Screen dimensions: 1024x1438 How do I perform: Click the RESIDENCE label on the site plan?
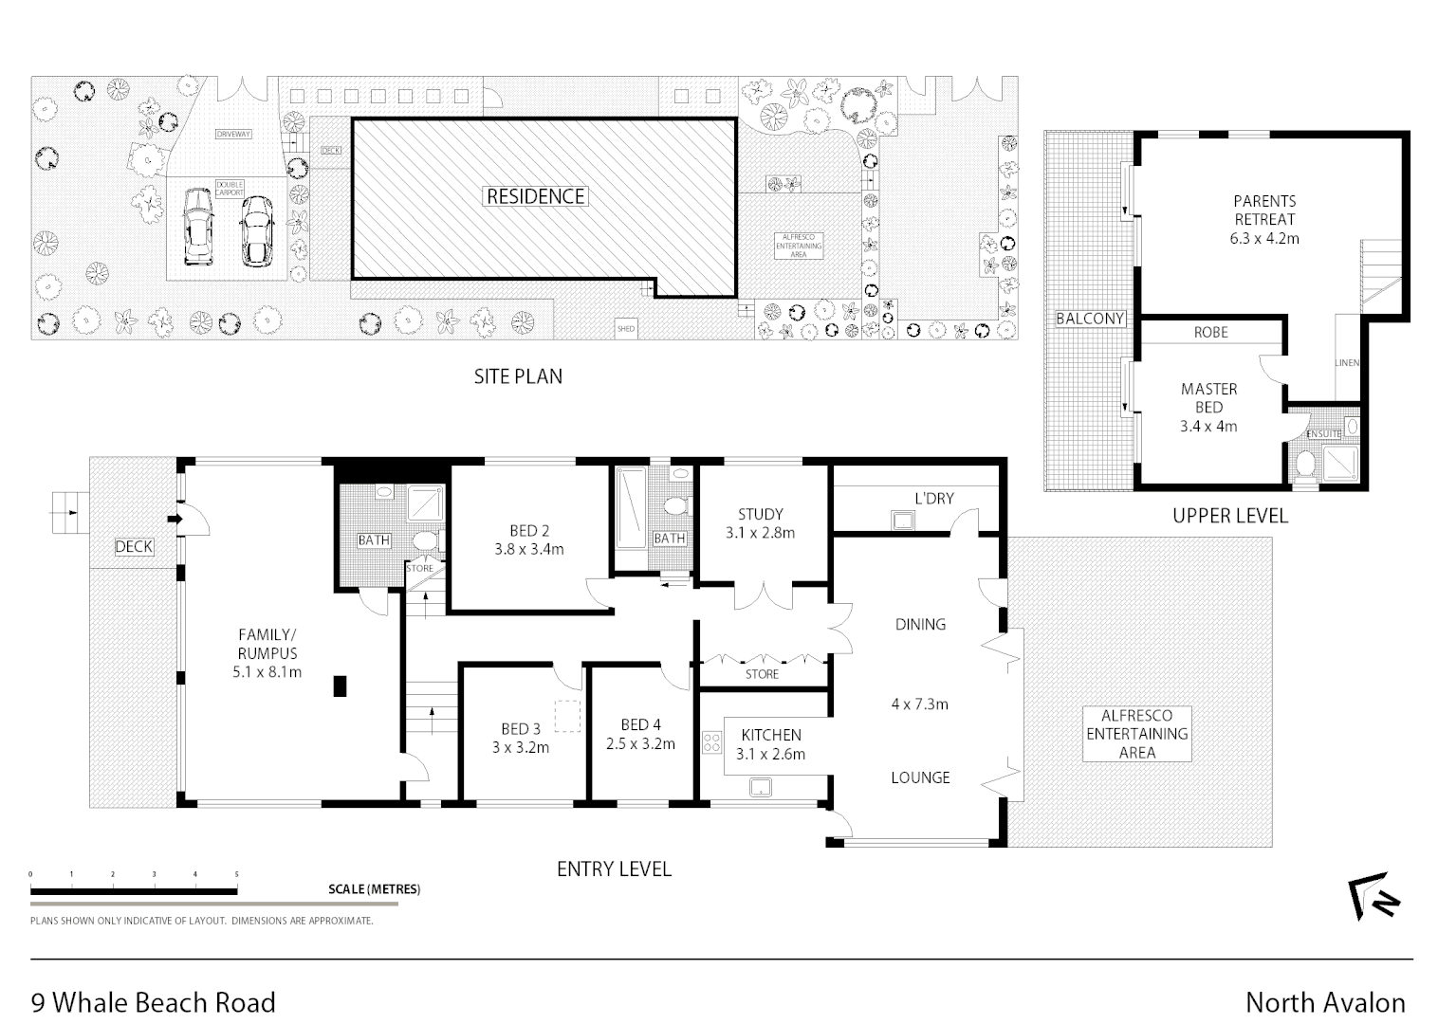pyautogui.click(x=536, y=196)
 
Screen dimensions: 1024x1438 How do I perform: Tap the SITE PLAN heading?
pyautogui.click(x=518, y=376)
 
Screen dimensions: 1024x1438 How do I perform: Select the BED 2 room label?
pyautogui.click(x=528, y=539)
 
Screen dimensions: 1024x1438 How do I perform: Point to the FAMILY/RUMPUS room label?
pyautogui.click(x=267, y=653)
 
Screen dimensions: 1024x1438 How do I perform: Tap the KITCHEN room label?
pyautogui.click(x=770, y=744)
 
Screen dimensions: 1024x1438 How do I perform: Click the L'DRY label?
pyautogui.click(x=933, y=498)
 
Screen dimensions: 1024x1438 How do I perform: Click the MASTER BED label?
pyautogui.click(x=1208, y=407)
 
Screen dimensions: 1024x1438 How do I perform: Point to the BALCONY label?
pyautogui.click(x=1090, y=319)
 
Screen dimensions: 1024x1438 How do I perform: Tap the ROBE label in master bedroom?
pyautogui.click(x=1210, y=333)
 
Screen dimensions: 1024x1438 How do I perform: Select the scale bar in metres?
pyautogui.click(x=134, y=890)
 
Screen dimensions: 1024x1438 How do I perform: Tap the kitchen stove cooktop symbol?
pyautogui.click(x=711, y=742)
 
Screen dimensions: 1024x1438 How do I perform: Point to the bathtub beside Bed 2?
pyautogui.click(x=629, y=507)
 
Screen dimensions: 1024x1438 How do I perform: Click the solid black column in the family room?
pyautogui.click(x=340, y=686)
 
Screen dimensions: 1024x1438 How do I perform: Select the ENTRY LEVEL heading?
pyautogui.click(x=614, y=869)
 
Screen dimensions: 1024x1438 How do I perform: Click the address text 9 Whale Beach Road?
pyautogui.click(x=154, y=1002)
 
